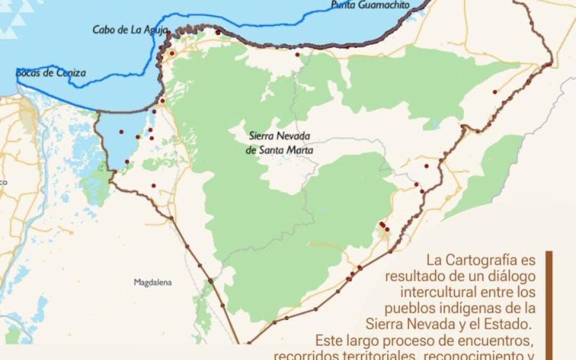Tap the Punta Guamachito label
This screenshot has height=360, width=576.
pyautogui.click(x=370, y=5)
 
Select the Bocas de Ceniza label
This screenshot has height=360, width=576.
pyautogui.click(x=51, y=73)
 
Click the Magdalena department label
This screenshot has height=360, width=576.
pyautogui.click(x=153, y=283)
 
